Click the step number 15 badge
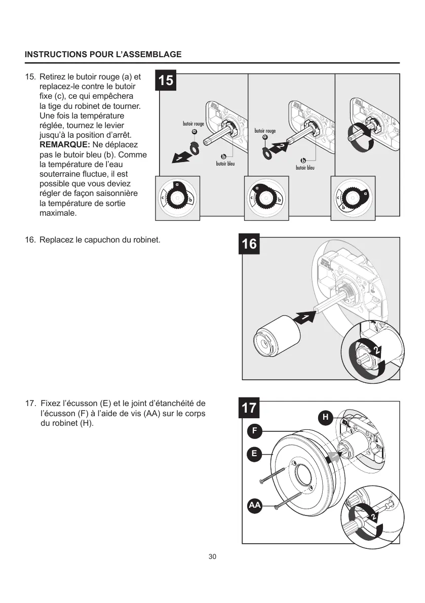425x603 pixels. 166,81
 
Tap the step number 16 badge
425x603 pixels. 249,244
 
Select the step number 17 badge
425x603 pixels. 249,408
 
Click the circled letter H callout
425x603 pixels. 326,417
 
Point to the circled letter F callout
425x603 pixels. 254,431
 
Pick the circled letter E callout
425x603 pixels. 254,454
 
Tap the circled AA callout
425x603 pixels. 254,505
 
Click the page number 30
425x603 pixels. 212,557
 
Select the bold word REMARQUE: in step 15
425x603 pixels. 64,145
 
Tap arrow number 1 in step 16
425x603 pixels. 304,318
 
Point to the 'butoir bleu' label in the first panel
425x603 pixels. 225,164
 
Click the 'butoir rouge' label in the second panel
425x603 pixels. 265,131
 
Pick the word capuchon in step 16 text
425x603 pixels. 98,239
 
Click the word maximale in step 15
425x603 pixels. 58,213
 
